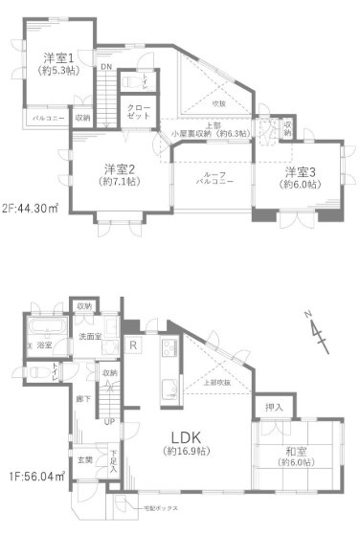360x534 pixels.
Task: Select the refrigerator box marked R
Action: [134, 345]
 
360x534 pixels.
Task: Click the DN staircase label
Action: [106, 67]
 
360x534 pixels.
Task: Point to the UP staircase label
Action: [109, 421]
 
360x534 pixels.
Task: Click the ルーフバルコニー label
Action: [213, 181]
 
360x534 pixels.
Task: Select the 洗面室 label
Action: [91, 337]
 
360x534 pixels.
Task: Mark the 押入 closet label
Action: [274, 408]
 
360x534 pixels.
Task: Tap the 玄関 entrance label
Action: [84, 461]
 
